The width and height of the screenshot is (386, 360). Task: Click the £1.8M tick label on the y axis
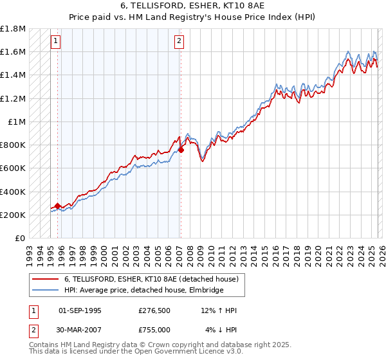(14, 29)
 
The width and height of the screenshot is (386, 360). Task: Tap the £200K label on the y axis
(14, 215)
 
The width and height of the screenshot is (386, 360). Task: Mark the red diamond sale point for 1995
(58, 206)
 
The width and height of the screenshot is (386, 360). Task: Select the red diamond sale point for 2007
(181, 150)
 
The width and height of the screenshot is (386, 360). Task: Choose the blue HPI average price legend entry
(143, 290)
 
